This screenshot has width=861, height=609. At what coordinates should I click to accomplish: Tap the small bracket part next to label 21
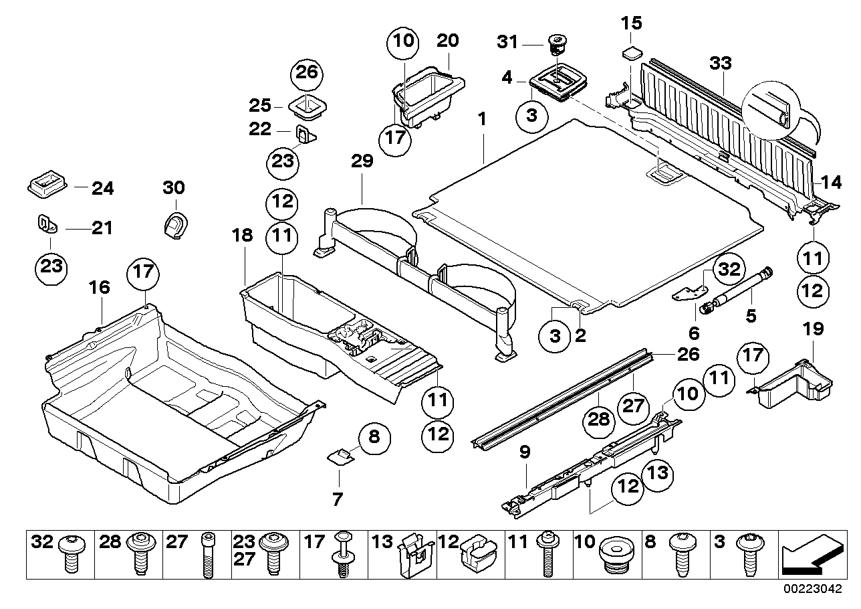pyautogui.click(x=45, y=224)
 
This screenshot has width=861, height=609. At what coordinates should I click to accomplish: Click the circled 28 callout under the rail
pyautogui.click(x=599, y=419)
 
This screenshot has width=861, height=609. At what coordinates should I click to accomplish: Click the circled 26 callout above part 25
pyautogui.click(x=305, y=73)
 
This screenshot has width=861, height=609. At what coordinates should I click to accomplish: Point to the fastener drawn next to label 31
pyautogui.click(x=554, y=45)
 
